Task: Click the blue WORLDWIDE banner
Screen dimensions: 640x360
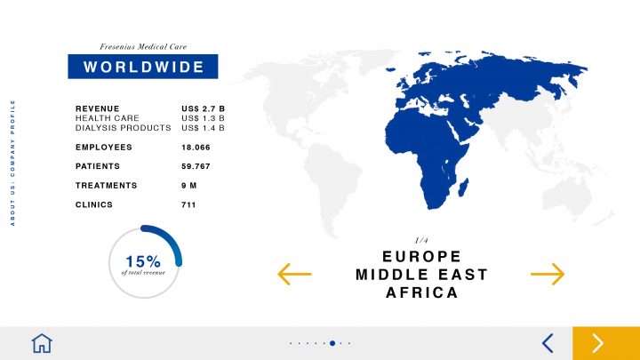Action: coord(143,67)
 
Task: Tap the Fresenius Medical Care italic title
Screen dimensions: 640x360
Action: coord(143,46)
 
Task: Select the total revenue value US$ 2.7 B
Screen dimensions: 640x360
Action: coord(203,108)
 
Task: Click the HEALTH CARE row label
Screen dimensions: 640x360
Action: coord(108,118)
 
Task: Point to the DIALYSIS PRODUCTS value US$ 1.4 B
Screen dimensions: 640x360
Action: coord(203,128)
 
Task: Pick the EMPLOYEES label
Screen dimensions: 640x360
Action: coord(104,147)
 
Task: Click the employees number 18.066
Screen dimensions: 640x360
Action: coord(196,148)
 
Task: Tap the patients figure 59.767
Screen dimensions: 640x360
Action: coord(196,166)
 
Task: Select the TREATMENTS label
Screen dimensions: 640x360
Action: coord(106,185)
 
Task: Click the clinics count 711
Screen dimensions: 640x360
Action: coord(188,204)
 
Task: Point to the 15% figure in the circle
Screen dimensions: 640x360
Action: coord(143,261)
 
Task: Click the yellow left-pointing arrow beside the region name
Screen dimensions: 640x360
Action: coord(294,274)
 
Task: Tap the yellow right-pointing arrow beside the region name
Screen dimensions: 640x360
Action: coord(548,274)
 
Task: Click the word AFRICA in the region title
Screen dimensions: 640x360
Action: coord(422,292)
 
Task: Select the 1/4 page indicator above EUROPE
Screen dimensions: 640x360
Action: coord(421,240)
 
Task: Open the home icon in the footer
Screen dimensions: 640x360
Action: coord(42,343)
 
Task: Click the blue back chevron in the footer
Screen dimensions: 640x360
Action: coord(548,343)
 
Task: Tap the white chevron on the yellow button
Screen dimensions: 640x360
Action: coord(598,343)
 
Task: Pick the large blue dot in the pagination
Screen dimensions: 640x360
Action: coord(332,343)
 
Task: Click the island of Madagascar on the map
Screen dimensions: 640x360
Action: coord(464,187)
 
